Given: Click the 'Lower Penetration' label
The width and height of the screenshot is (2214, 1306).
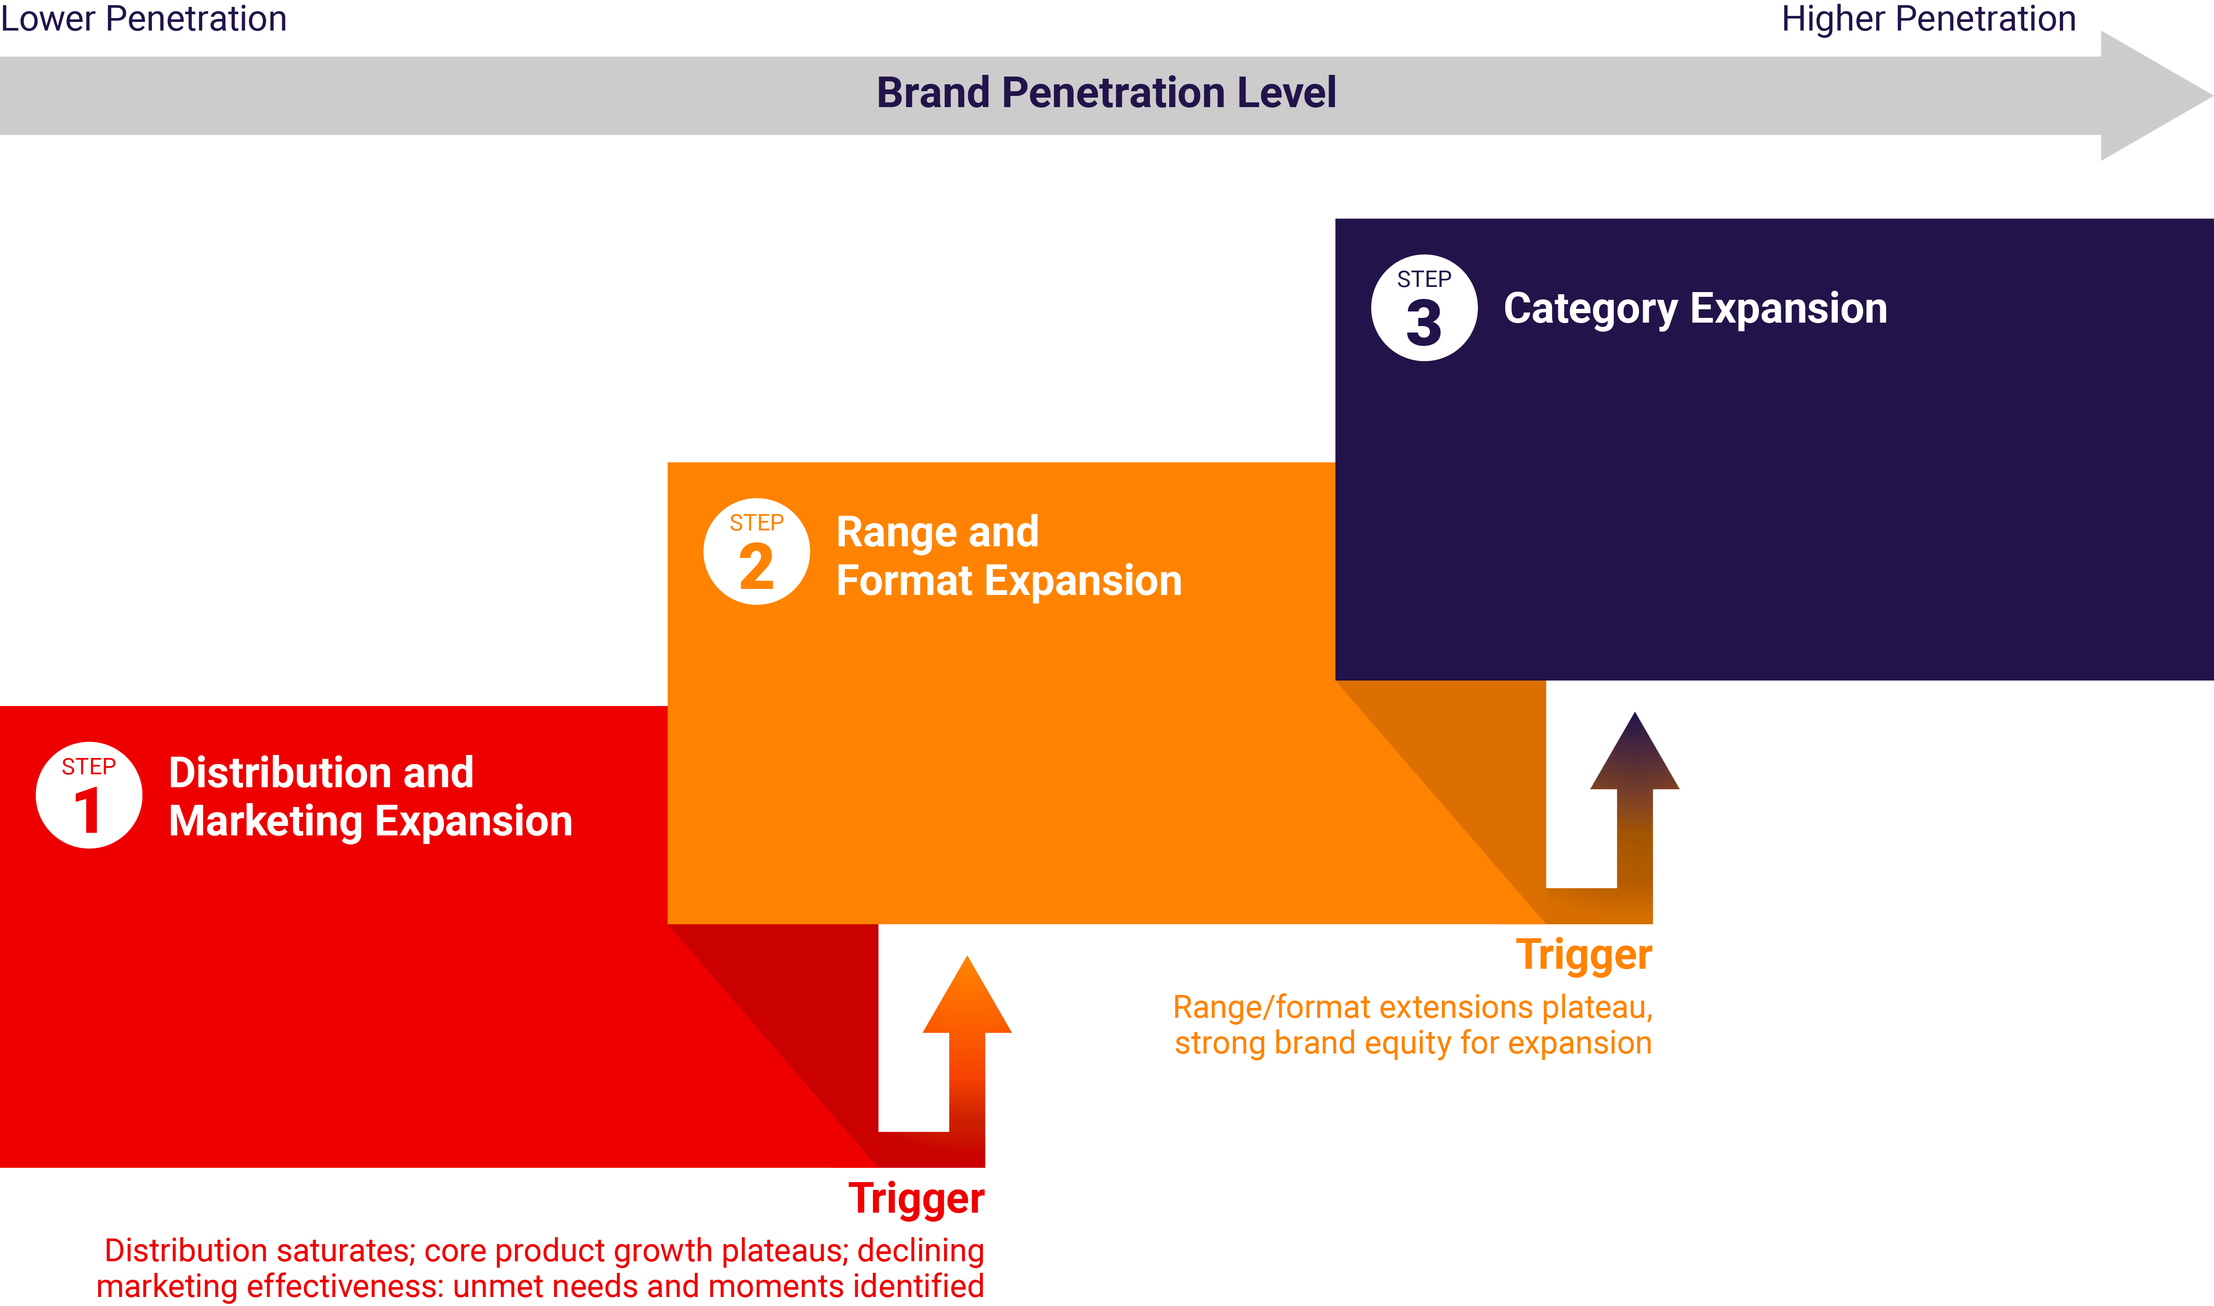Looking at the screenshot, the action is (x=143, y=18).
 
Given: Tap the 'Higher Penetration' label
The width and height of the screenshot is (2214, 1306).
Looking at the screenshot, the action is (x=1928, y=18).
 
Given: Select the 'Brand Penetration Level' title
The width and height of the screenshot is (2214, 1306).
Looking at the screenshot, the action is (x=1106, y=92).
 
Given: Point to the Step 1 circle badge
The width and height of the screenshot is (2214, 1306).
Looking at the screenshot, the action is (x=89, y=795).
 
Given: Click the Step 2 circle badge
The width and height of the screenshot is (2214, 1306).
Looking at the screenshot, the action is (x=757, y=552).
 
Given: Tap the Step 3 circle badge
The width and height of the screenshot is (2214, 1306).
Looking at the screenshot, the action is (x=1424, y=308).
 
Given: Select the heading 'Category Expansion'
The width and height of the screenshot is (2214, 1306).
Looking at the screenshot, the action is (x=1695, y=309).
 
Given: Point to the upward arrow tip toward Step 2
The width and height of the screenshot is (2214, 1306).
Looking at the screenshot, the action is (x=967, y=958).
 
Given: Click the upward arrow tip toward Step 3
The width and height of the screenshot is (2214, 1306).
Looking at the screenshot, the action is (x=1635, y=714).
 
